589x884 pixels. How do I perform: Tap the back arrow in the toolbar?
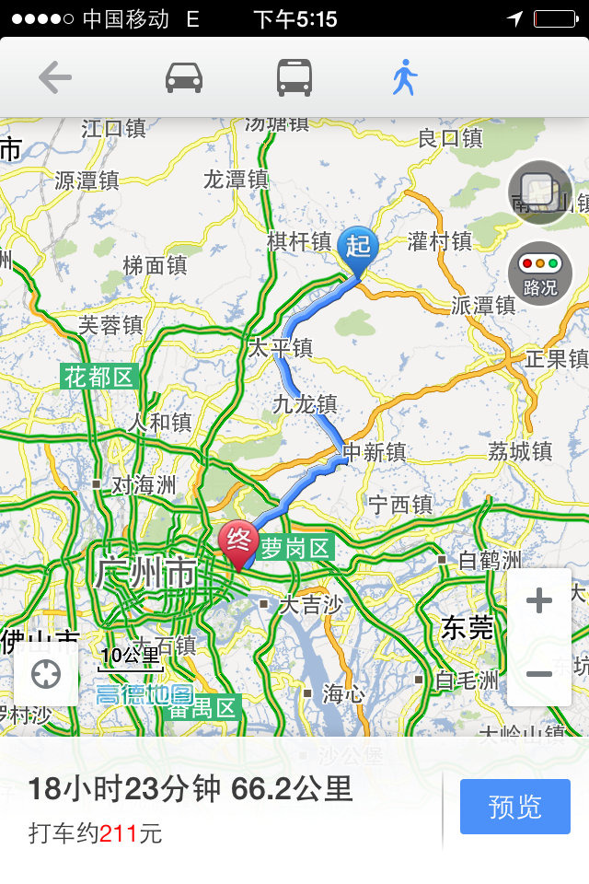55,78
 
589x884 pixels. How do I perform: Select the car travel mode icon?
184,78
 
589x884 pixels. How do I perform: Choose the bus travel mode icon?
294,78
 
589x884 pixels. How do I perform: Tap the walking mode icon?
404,78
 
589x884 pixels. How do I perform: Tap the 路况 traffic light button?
540,273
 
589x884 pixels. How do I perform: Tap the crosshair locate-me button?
46,675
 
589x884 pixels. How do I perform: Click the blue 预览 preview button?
515,807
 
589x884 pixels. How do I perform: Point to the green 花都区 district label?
99,377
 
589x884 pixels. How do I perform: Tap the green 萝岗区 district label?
294,549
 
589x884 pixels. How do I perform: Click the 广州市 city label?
145,574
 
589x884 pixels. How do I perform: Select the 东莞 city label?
467,627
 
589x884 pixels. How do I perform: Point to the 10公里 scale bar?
131,658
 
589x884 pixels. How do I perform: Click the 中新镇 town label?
374,452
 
